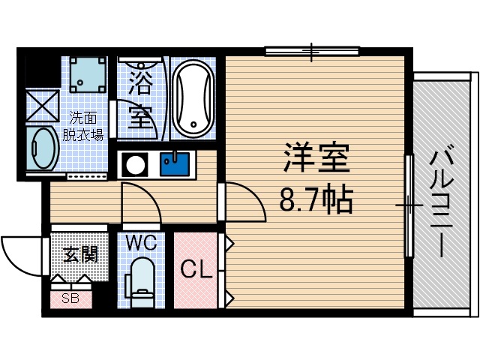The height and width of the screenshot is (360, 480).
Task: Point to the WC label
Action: click(x=139, y=243)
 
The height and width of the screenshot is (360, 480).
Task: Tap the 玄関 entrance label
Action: click(x=79, y=255)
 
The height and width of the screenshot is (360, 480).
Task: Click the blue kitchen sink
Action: click(x=177, y=163)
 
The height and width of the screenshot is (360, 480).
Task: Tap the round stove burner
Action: click(x=135, y=163)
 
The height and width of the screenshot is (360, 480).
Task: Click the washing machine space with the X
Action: click(x=42, y=106)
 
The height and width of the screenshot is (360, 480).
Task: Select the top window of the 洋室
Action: click(x=312, y=51)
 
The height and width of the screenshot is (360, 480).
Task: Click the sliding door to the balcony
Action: click(x=409, y=204)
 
